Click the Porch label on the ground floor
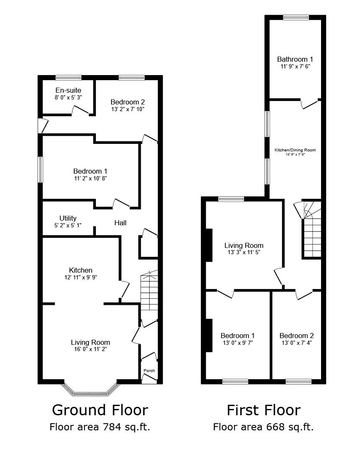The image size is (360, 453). (149, 370)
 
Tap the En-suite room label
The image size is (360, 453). (68, 90)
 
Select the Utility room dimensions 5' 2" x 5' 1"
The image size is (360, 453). (68, 225)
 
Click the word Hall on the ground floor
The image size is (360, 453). (120, 223)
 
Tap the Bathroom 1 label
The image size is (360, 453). (295, 59)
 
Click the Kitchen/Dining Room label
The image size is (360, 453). (295, 150)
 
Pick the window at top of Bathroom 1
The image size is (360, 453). (296, 17)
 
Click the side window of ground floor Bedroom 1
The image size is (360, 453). (40, 169)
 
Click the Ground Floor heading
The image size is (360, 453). (100, 409)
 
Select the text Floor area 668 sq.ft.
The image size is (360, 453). (263, 427)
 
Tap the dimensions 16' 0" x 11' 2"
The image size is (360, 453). (90, 349)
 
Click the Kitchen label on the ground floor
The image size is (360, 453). (81, 270)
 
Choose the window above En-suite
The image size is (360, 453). (68, 78)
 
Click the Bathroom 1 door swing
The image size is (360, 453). (309, 104)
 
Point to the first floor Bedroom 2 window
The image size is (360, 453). (298, 381)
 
